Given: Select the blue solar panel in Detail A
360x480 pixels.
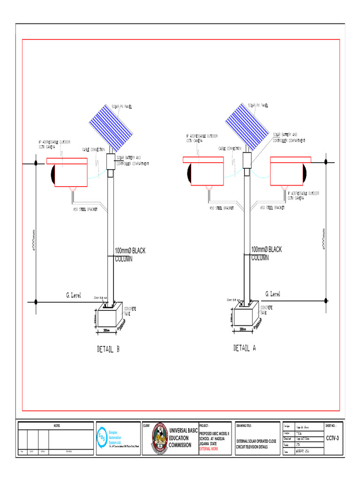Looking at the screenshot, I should (247, 126).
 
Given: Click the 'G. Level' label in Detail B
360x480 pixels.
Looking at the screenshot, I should (73, 295).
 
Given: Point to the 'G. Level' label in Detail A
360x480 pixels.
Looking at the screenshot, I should (273, 294).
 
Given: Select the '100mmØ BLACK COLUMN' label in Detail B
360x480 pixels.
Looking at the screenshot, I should (130, 255).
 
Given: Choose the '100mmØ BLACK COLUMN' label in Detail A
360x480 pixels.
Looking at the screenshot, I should (266, 253).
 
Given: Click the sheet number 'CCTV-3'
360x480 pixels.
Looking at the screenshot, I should (333, 438).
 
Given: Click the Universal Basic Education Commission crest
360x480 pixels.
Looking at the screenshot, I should (160, 438).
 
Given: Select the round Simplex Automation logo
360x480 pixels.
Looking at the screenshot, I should (102, 436).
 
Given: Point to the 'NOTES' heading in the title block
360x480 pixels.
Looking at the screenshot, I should (56, 426).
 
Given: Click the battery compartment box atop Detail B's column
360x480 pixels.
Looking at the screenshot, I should (111, 161).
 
